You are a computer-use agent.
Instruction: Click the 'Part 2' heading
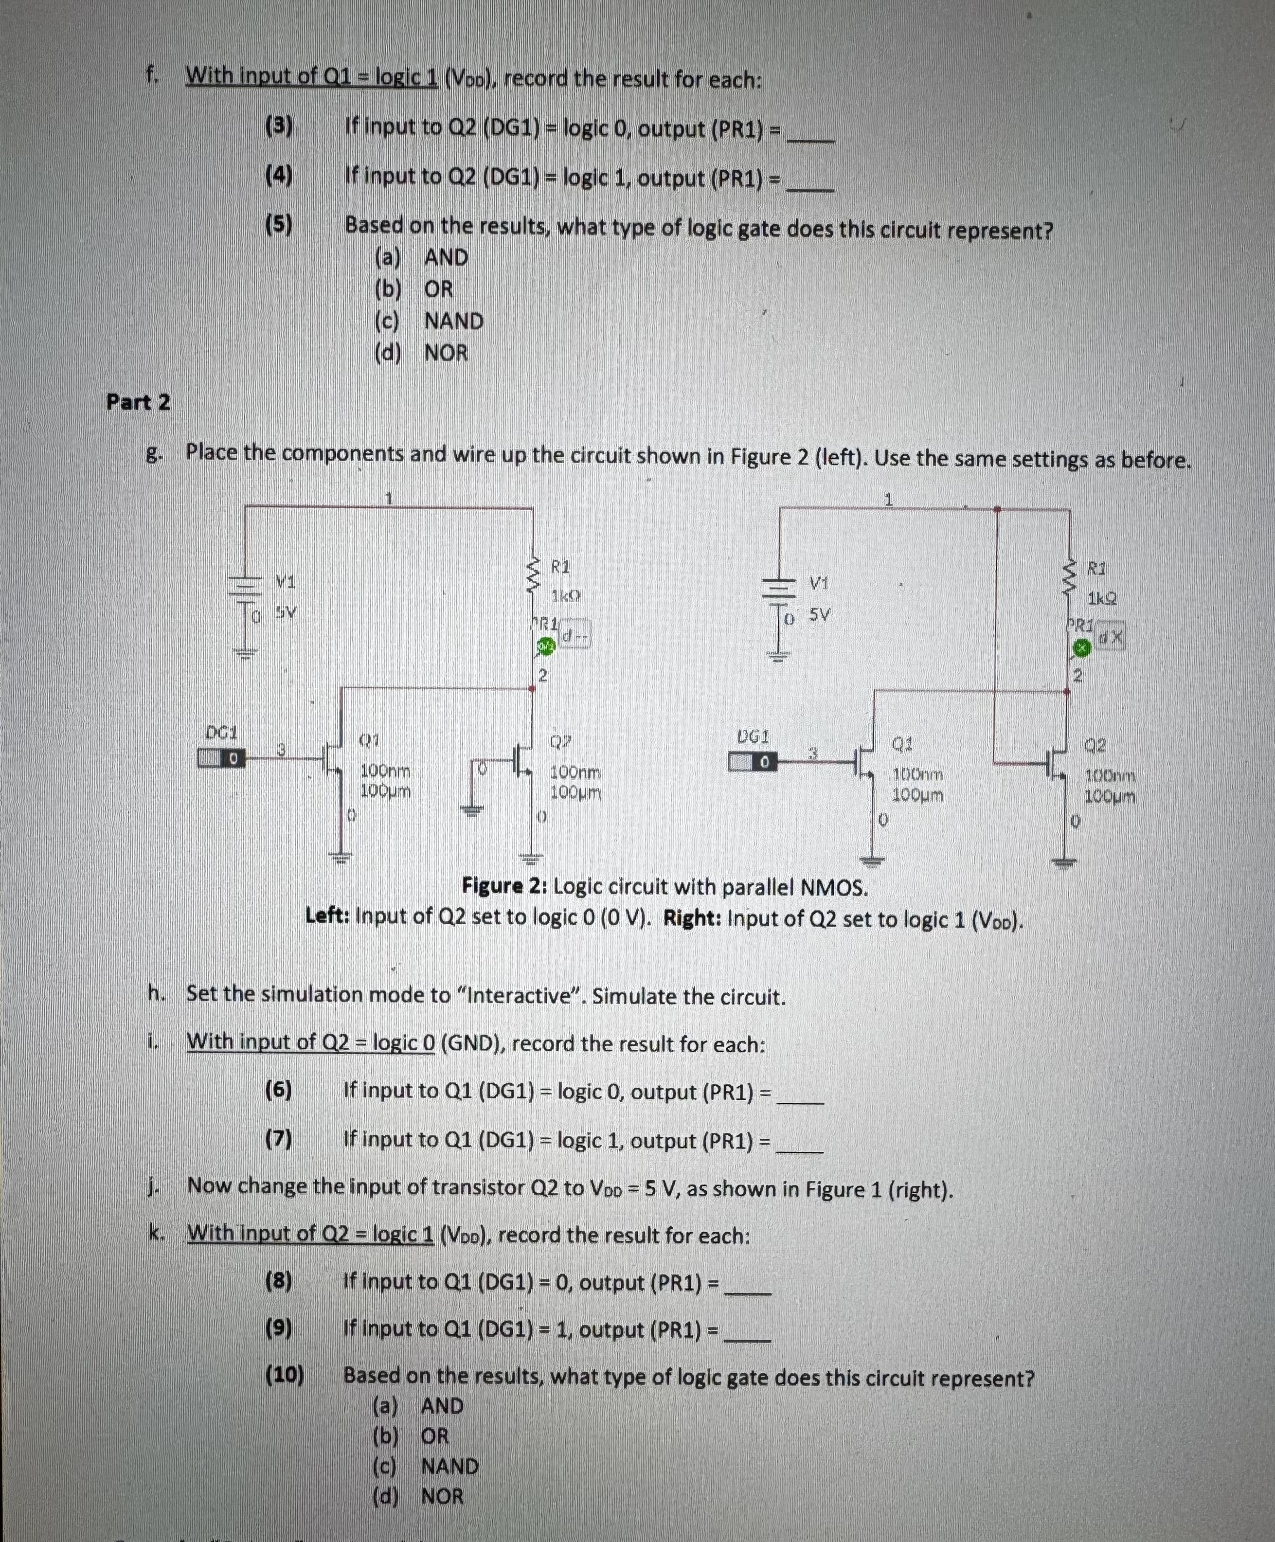point(138,402)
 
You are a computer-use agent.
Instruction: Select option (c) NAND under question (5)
point(429,321)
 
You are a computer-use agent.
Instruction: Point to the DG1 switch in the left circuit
point(221,758)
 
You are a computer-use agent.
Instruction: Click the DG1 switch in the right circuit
point(752,762)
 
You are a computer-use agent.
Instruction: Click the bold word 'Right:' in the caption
point(692,918)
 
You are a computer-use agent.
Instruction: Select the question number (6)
point(278,1091)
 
